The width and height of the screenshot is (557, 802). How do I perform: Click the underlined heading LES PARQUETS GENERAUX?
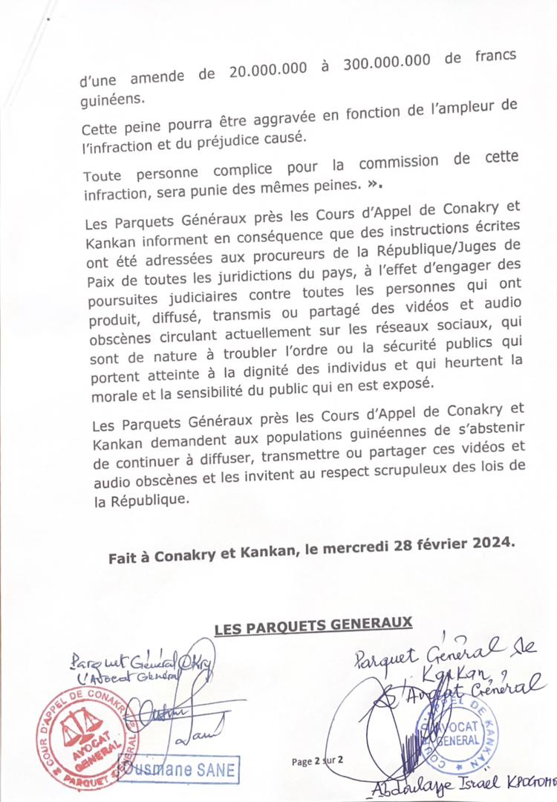pos(313,627)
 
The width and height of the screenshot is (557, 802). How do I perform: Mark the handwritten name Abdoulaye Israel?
pos(415,789)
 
